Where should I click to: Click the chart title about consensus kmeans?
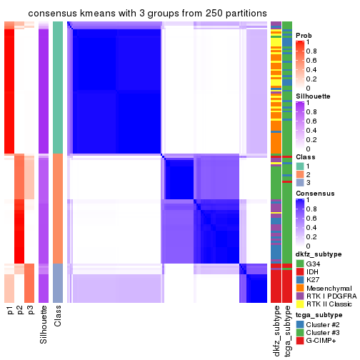[x=147, y=14]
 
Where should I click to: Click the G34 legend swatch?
[x=300, y=264]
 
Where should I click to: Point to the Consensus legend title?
[x=316, y=194]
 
